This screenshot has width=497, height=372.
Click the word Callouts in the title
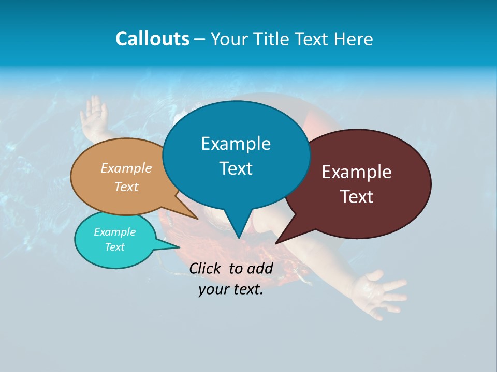click(152, 39)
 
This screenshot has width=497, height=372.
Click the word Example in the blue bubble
click(236, 144)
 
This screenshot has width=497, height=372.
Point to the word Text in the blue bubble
click(236, 168)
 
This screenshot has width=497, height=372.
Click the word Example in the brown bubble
click(357, 172)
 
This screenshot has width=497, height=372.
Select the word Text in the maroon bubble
click(357, 196)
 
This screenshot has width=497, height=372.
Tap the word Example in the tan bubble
click(126, 168)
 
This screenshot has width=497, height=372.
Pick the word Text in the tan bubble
click(126, 187)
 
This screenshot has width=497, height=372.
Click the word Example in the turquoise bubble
click(114, 232)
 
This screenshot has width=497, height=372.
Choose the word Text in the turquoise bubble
click(114, 247)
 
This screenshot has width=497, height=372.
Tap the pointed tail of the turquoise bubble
click(176, 247)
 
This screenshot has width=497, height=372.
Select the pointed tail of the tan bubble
click(195, 218)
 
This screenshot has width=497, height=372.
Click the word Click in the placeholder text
click(206, 268)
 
